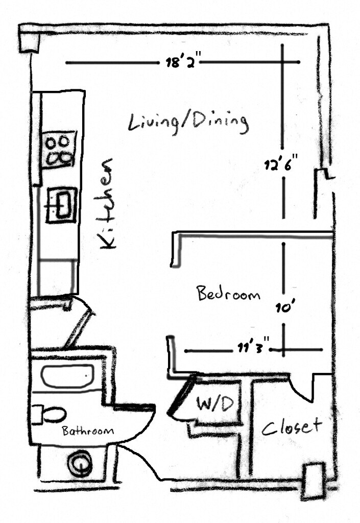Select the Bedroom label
pyautogui.click(x=228, y=294)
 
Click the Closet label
pyautogui.click(x=292, y=426)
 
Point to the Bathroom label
pyautogui.click(x=88, y=431)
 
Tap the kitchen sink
pyautogui.click(x=61, y=204)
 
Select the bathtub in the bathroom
pyautogui.click(x=67, y=375)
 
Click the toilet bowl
pyautogui.click(x=50, y=414)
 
